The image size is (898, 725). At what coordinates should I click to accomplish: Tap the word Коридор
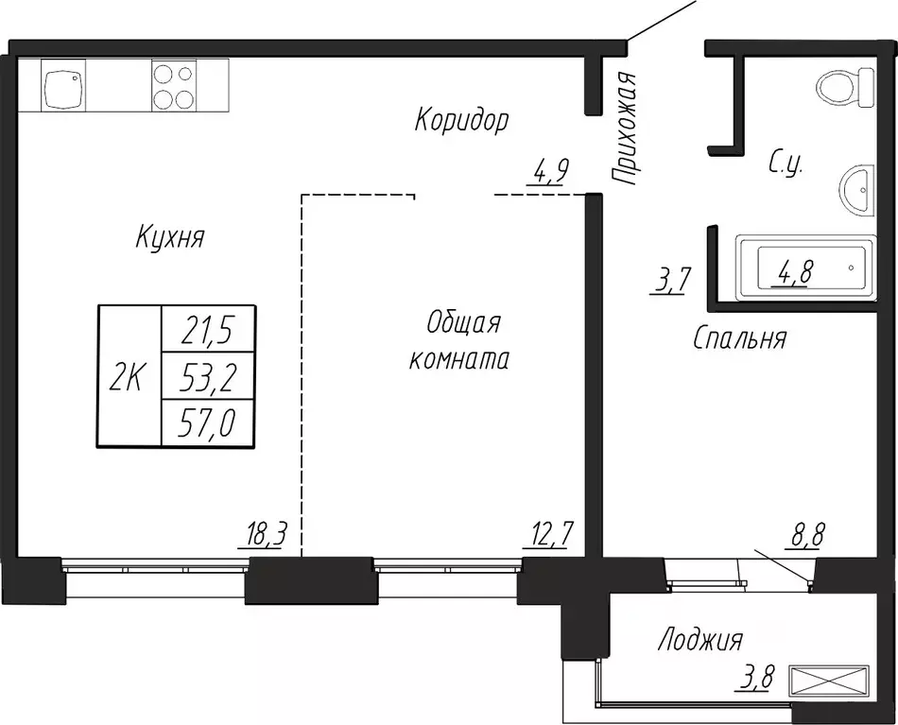pos(461,120)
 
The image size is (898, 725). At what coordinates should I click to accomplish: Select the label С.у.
pos(785,164)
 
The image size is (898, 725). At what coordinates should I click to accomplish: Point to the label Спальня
pos(739,338)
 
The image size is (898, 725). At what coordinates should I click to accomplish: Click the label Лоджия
pos(699,642)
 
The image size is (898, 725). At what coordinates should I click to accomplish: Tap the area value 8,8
pos(806,538)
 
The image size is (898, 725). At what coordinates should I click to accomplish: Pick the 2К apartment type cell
pos(130,376)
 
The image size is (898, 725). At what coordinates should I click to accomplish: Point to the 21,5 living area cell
pos(208,330)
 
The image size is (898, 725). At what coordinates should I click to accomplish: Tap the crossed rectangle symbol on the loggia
pos(828,681)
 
